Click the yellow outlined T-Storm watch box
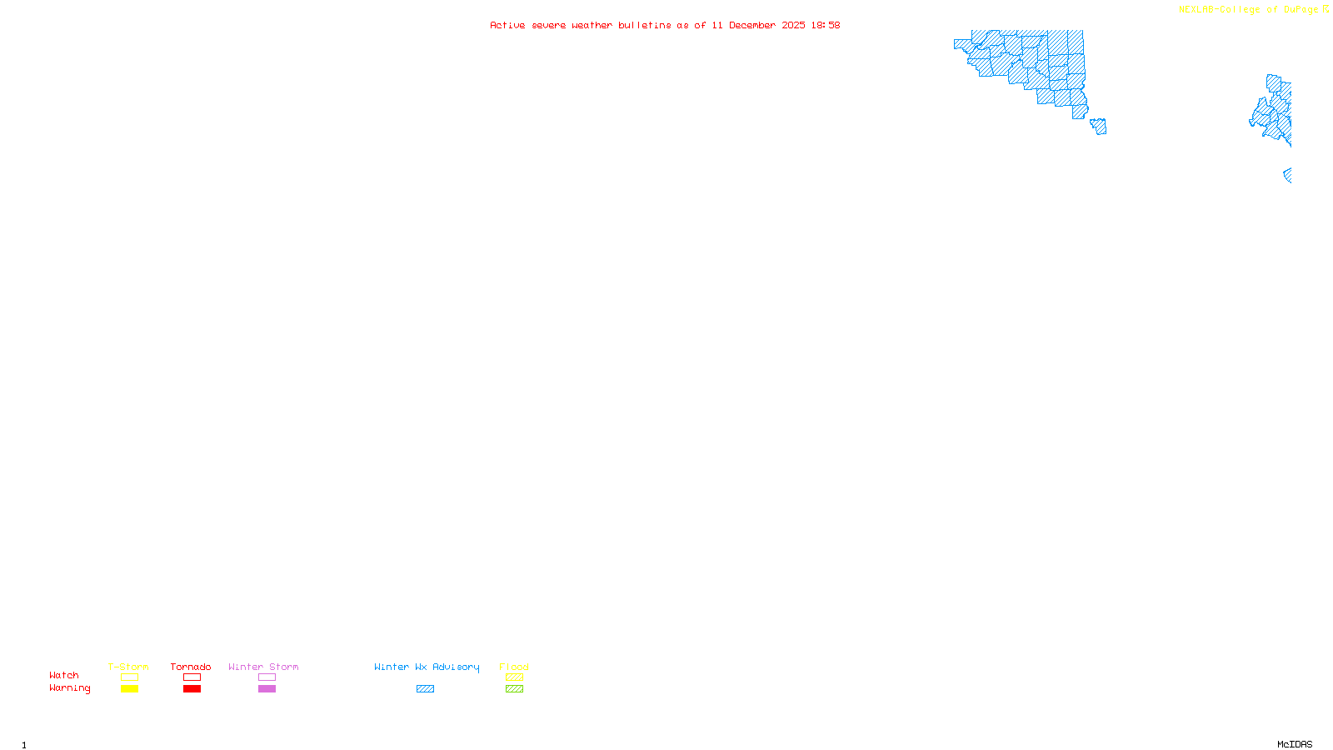(x=129, y=677)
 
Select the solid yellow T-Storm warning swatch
(x=129, y=689)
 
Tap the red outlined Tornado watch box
(x=192, y=677)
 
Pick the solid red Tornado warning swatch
(x=192, y=689)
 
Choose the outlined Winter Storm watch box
(x=267, y=677)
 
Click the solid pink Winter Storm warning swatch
(x=267, y=689)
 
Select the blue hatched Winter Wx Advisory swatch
(x=425, y=689)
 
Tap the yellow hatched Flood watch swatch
(x=514, y=677)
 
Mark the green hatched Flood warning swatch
(x=514, y=689)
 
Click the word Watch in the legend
(x=64, y=676)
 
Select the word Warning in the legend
(x=70, y=688)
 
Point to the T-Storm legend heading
(x=128, y=667)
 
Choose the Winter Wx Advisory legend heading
(x=427, y=667)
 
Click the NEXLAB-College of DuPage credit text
(x=1248, y=10)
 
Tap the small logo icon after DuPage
(x=1326, y=9)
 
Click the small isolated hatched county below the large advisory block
(x=1099, y=127)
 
